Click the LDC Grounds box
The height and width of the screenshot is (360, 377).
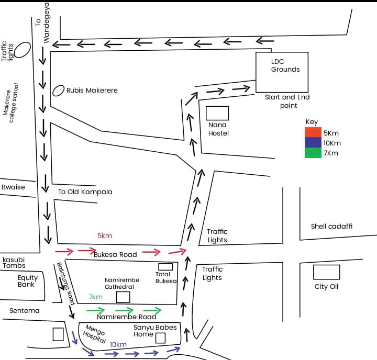282,72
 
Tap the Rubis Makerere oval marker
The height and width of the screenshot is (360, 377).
58,91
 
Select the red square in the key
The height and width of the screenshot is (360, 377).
313,132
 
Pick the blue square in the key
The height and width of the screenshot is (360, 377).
313,142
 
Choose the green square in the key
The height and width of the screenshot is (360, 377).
313,153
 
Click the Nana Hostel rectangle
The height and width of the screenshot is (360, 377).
217,113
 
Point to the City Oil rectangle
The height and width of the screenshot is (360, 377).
326,272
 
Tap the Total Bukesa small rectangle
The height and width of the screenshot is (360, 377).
165,267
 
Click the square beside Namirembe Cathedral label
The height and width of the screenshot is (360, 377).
123,297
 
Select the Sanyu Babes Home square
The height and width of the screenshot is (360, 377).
160,338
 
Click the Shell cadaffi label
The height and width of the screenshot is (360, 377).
331,226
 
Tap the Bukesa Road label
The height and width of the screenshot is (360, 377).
115,255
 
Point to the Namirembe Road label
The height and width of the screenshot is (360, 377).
127,317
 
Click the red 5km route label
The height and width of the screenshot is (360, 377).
105,236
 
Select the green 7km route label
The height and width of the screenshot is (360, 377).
95,297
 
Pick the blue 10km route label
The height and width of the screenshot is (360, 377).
118,344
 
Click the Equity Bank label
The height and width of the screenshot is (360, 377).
27,281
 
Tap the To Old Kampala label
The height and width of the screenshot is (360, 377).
85,192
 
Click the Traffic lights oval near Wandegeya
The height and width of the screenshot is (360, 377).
22,50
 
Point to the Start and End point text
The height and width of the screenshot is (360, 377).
287,102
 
